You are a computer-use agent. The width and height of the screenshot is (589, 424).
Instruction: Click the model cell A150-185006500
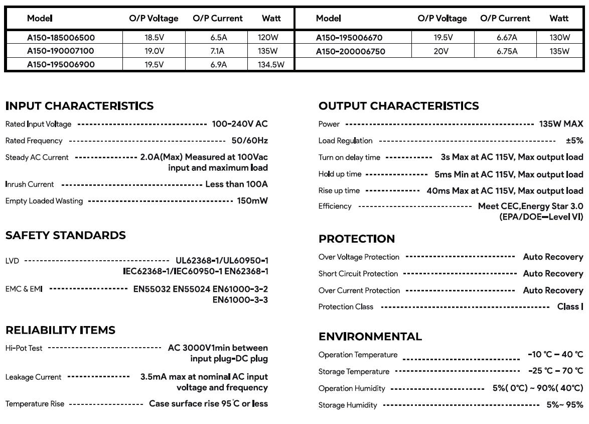61,38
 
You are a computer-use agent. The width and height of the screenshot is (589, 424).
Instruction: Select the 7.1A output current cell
217,51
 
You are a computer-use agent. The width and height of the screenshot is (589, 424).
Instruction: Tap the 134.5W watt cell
271,64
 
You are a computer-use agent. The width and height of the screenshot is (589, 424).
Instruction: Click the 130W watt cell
559,38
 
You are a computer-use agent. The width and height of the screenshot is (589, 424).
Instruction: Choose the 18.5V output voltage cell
154,38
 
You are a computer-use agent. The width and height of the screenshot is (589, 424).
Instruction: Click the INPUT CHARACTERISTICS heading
79,106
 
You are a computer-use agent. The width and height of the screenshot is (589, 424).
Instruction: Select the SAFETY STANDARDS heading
65,236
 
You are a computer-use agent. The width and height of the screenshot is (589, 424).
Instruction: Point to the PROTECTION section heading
357,239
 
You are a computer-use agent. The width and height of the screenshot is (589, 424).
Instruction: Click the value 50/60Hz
249,141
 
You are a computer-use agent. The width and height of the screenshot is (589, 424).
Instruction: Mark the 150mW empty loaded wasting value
252,201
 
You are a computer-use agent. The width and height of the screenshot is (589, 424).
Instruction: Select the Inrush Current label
30,184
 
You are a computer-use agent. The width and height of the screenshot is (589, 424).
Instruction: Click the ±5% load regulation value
574,141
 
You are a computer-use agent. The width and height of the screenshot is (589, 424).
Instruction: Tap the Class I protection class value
570,306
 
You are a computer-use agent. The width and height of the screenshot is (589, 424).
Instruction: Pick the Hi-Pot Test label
24,348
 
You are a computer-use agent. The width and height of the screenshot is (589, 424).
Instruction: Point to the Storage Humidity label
348,405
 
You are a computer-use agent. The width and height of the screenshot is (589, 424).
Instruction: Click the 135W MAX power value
561,124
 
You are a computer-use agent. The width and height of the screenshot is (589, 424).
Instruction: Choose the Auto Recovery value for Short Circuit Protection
553,274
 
